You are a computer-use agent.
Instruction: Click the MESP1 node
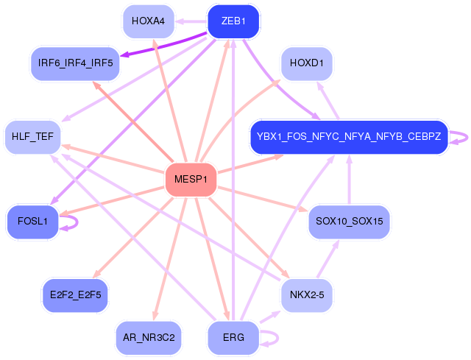(x=191, y=180)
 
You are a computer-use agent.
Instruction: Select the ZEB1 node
(x=233, y=21)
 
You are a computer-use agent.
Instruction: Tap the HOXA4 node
(x=149, y=21)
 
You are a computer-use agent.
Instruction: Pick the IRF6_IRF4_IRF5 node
(x=75, y=63)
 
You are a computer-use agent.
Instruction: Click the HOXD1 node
(x=307, y=63)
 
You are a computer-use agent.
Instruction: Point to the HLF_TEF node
(x=32, y=137)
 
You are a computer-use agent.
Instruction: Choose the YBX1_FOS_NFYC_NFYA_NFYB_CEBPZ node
(x=349, y=137)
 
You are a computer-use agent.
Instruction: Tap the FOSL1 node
(x=32, y=222)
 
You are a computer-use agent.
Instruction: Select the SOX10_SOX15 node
(x=349, y=222)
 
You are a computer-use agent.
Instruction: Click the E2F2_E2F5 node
(x=75, y=295)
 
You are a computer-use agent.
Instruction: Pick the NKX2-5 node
(x=307, y=295)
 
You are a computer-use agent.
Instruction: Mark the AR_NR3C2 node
(x=149, y=338)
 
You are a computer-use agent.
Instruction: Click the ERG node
(x=233, y=338)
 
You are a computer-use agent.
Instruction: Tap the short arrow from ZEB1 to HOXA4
(x=191, y=21)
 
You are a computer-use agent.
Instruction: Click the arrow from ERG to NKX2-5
(x=270, y=317)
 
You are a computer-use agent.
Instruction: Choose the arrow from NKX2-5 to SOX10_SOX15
(x=328, y=258)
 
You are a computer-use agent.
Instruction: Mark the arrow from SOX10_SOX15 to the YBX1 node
(x=349, y=180)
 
